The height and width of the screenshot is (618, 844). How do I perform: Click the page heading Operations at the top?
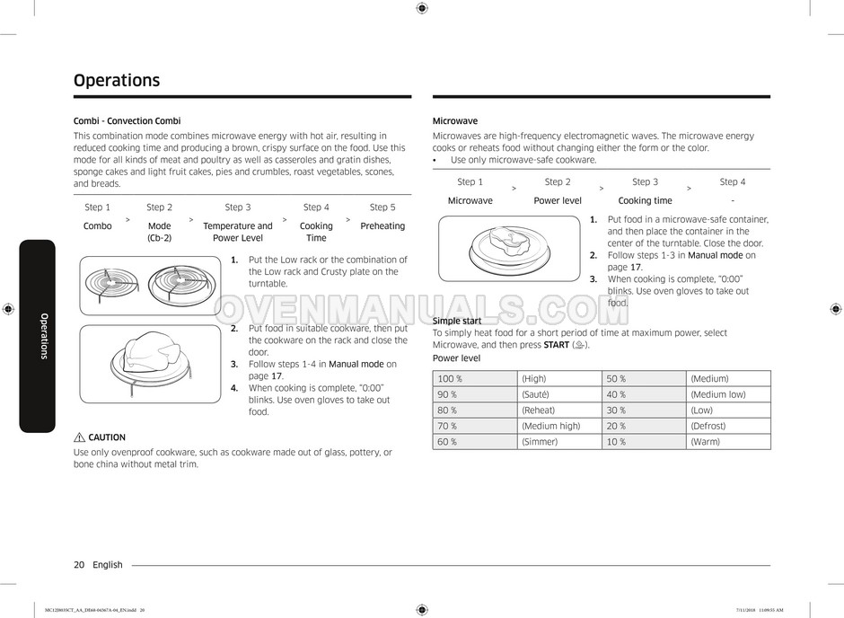[x=117, y=80]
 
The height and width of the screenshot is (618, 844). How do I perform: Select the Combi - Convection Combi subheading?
[x=127, y=121]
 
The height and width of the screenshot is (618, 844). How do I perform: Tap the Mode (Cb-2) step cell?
[x=159, y=232]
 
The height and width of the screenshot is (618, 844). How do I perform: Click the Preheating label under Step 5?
[x=382, y=226]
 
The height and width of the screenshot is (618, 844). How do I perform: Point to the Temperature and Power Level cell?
[x=238, y=232]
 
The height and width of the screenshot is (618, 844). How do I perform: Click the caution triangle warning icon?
[x=80, y=437]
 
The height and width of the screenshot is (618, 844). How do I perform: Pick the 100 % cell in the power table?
[x=447, y=379]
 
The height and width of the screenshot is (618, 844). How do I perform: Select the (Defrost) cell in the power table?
[x=708, y=426]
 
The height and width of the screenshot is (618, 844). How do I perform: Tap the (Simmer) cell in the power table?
[x=540, y=442]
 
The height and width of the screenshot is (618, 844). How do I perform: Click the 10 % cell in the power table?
[x=616, y=442]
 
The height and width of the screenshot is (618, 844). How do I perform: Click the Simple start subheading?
[x=457, y=321]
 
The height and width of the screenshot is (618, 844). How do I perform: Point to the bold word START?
[x=557, y=345]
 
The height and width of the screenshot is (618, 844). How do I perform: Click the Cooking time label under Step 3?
[x=645, y=201]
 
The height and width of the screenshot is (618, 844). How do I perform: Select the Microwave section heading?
[x=455, y=121]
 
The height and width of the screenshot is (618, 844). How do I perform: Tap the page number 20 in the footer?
[x=79, y=565]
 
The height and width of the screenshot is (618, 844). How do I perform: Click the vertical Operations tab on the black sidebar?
[x=42, y=336]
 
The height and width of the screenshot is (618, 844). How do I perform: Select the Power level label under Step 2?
[x=558, y=201]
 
